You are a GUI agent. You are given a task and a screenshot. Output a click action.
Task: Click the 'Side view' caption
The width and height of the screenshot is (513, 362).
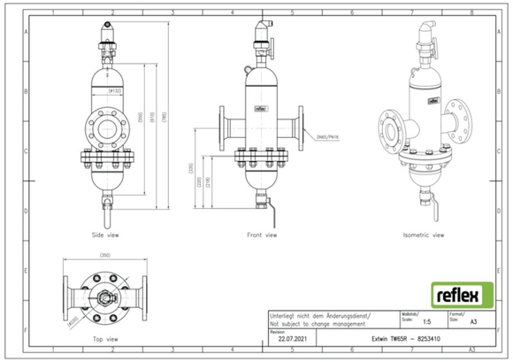105,236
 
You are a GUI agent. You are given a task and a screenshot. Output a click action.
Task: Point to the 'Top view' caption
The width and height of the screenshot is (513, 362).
105,338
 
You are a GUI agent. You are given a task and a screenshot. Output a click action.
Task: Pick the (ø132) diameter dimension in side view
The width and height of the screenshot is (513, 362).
114,90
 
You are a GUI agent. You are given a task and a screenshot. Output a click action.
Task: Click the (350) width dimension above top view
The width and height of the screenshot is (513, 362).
104,257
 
